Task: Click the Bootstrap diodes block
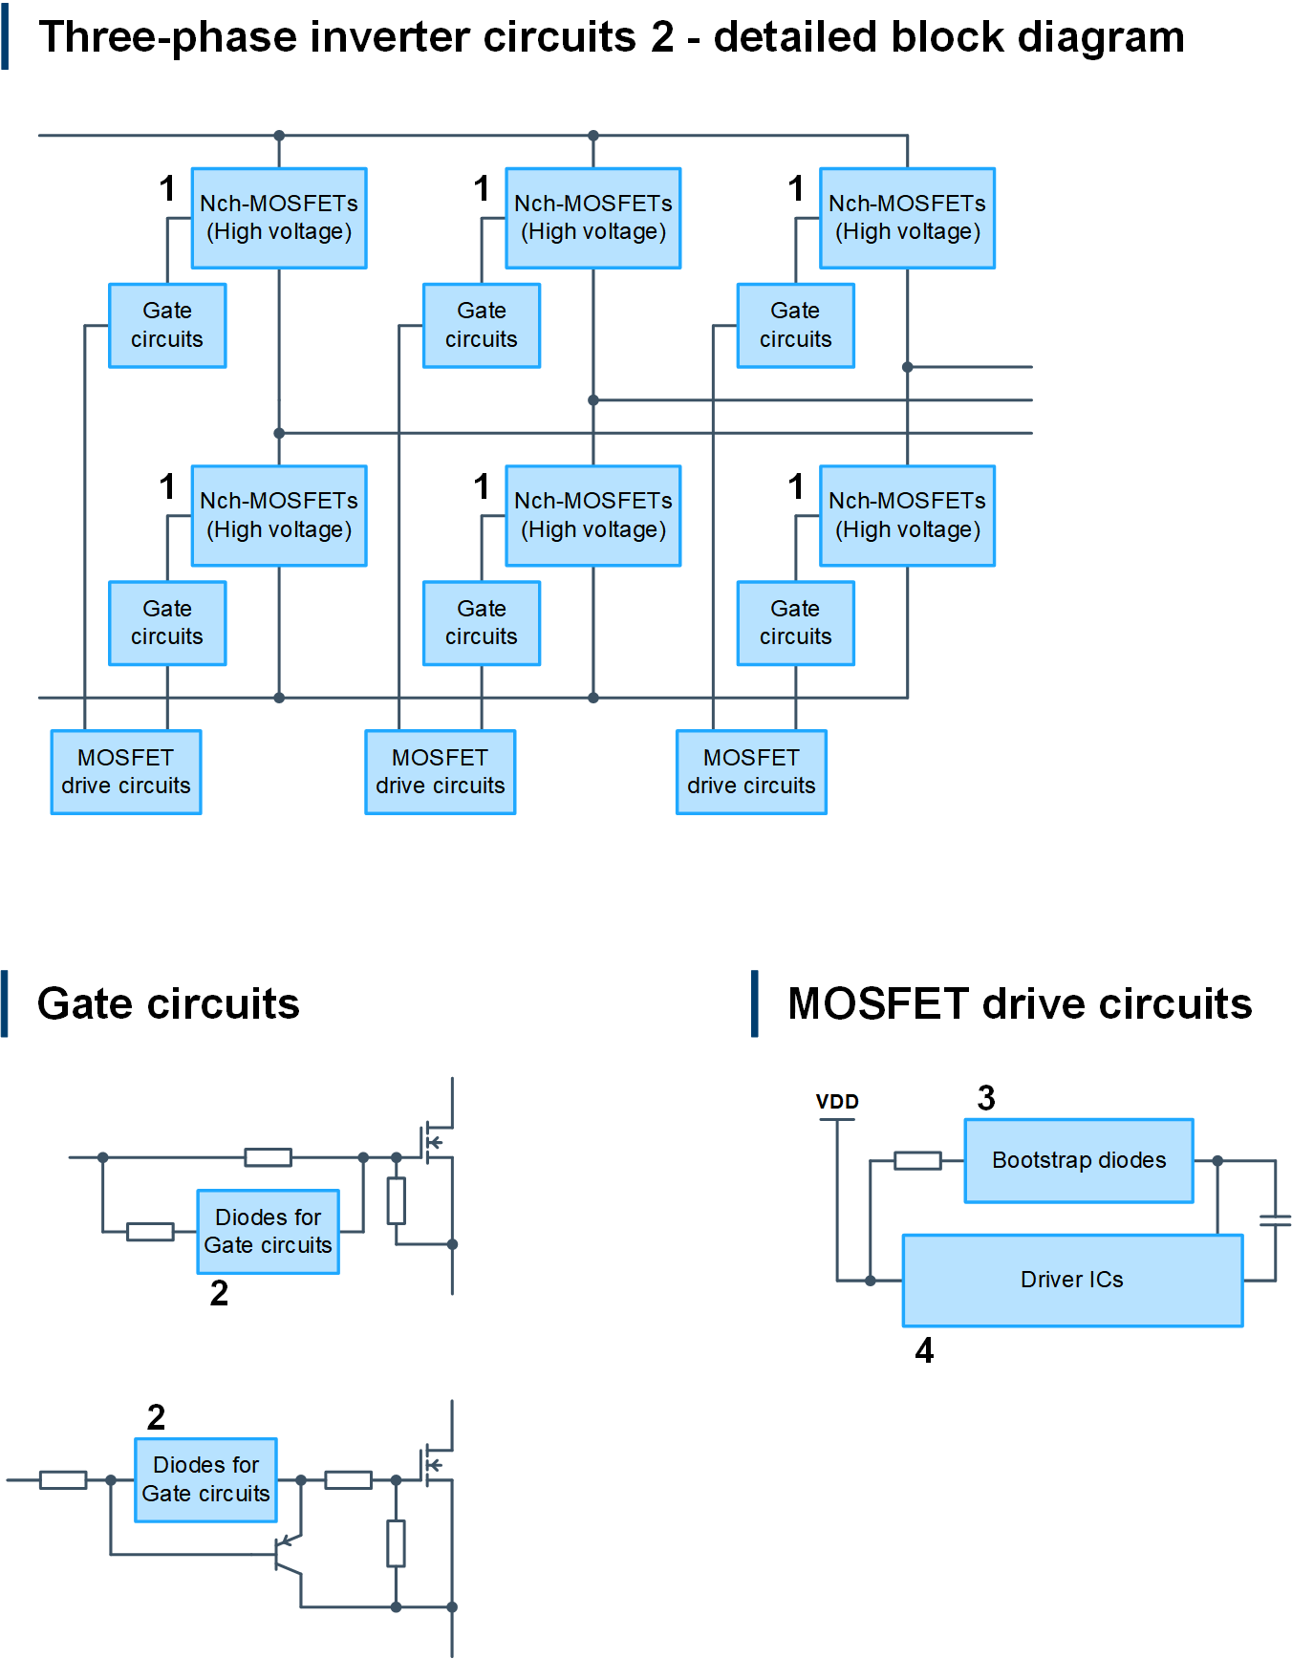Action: [x=1079, y=1160]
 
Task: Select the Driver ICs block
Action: [x=1072, y=1280]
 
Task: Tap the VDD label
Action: [x=837, y=1102]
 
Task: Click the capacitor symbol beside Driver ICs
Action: [x=1275, y=1220]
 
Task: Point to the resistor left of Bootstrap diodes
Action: [x=917, y=1160]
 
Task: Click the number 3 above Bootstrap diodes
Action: [x=986, y=1098]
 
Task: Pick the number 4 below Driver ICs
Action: [x=924, y=1350]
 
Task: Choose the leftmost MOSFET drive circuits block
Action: [x=126, y=772]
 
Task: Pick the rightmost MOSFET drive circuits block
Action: [x=751, y=772]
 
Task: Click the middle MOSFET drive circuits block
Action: [x=441, y=772]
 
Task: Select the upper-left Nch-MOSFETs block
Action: [x=279, y=218]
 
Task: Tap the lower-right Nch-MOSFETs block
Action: [x=907, y=516]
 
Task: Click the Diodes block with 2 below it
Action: [x=269, y=1232]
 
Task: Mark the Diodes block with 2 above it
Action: [x=206, y=1479]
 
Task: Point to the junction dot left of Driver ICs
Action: [x=871, y=1281]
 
